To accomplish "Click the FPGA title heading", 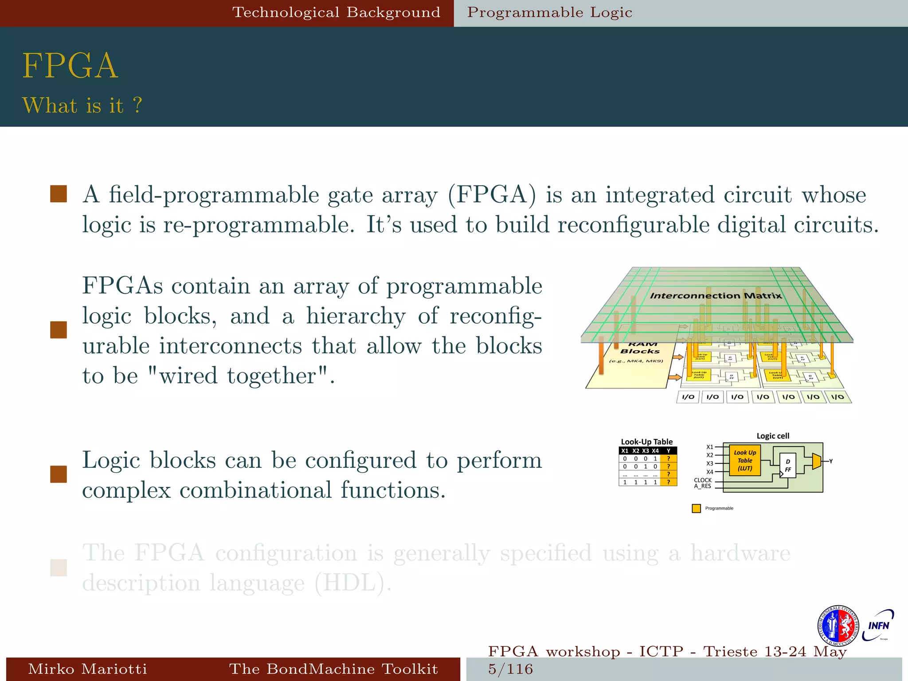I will (70, 66).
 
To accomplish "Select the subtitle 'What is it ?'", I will (82, 106).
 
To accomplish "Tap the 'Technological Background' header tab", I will (336, 12).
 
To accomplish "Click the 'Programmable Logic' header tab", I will (550, 12).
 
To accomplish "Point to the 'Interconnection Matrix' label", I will (716, 296).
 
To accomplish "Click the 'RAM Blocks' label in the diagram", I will (641, 348).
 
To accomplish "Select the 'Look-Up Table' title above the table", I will (646, 442).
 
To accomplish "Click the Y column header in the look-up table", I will (669, 451).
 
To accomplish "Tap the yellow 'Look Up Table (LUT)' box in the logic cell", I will (745, 461).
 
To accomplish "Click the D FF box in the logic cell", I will (788, 466).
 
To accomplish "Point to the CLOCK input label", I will (703, 480).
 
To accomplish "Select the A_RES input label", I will (703, 486).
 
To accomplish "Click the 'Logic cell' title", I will (773, 436).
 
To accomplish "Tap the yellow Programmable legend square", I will (696, 509).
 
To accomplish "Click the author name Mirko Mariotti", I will (87, 669).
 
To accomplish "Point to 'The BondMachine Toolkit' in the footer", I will (333, 669).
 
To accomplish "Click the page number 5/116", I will (511, 669).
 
